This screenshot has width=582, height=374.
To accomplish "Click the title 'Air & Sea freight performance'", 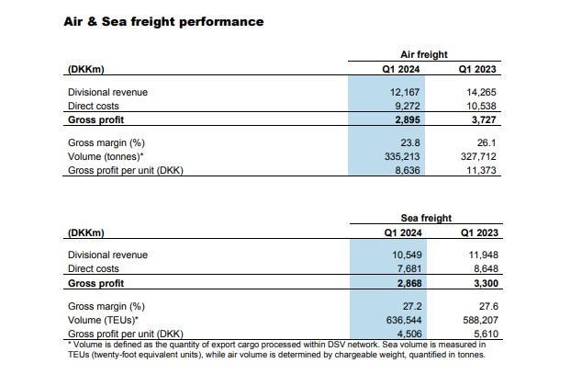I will click(x=163, y=21).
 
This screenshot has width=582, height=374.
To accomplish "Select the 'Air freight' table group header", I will click(x=424, y=54).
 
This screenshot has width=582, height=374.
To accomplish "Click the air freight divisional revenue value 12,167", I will click(x=405, y=92).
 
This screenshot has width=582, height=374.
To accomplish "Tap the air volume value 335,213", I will click(x=402, y=156).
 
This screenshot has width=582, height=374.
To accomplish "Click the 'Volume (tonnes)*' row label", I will click(x=106, y=156).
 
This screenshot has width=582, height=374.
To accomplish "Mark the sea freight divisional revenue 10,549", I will click(x=405, y=255).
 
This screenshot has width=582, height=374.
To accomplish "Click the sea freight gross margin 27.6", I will click(x=487, y=305).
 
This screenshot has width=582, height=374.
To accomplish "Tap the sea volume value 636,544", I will click(x=402, y=320).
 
